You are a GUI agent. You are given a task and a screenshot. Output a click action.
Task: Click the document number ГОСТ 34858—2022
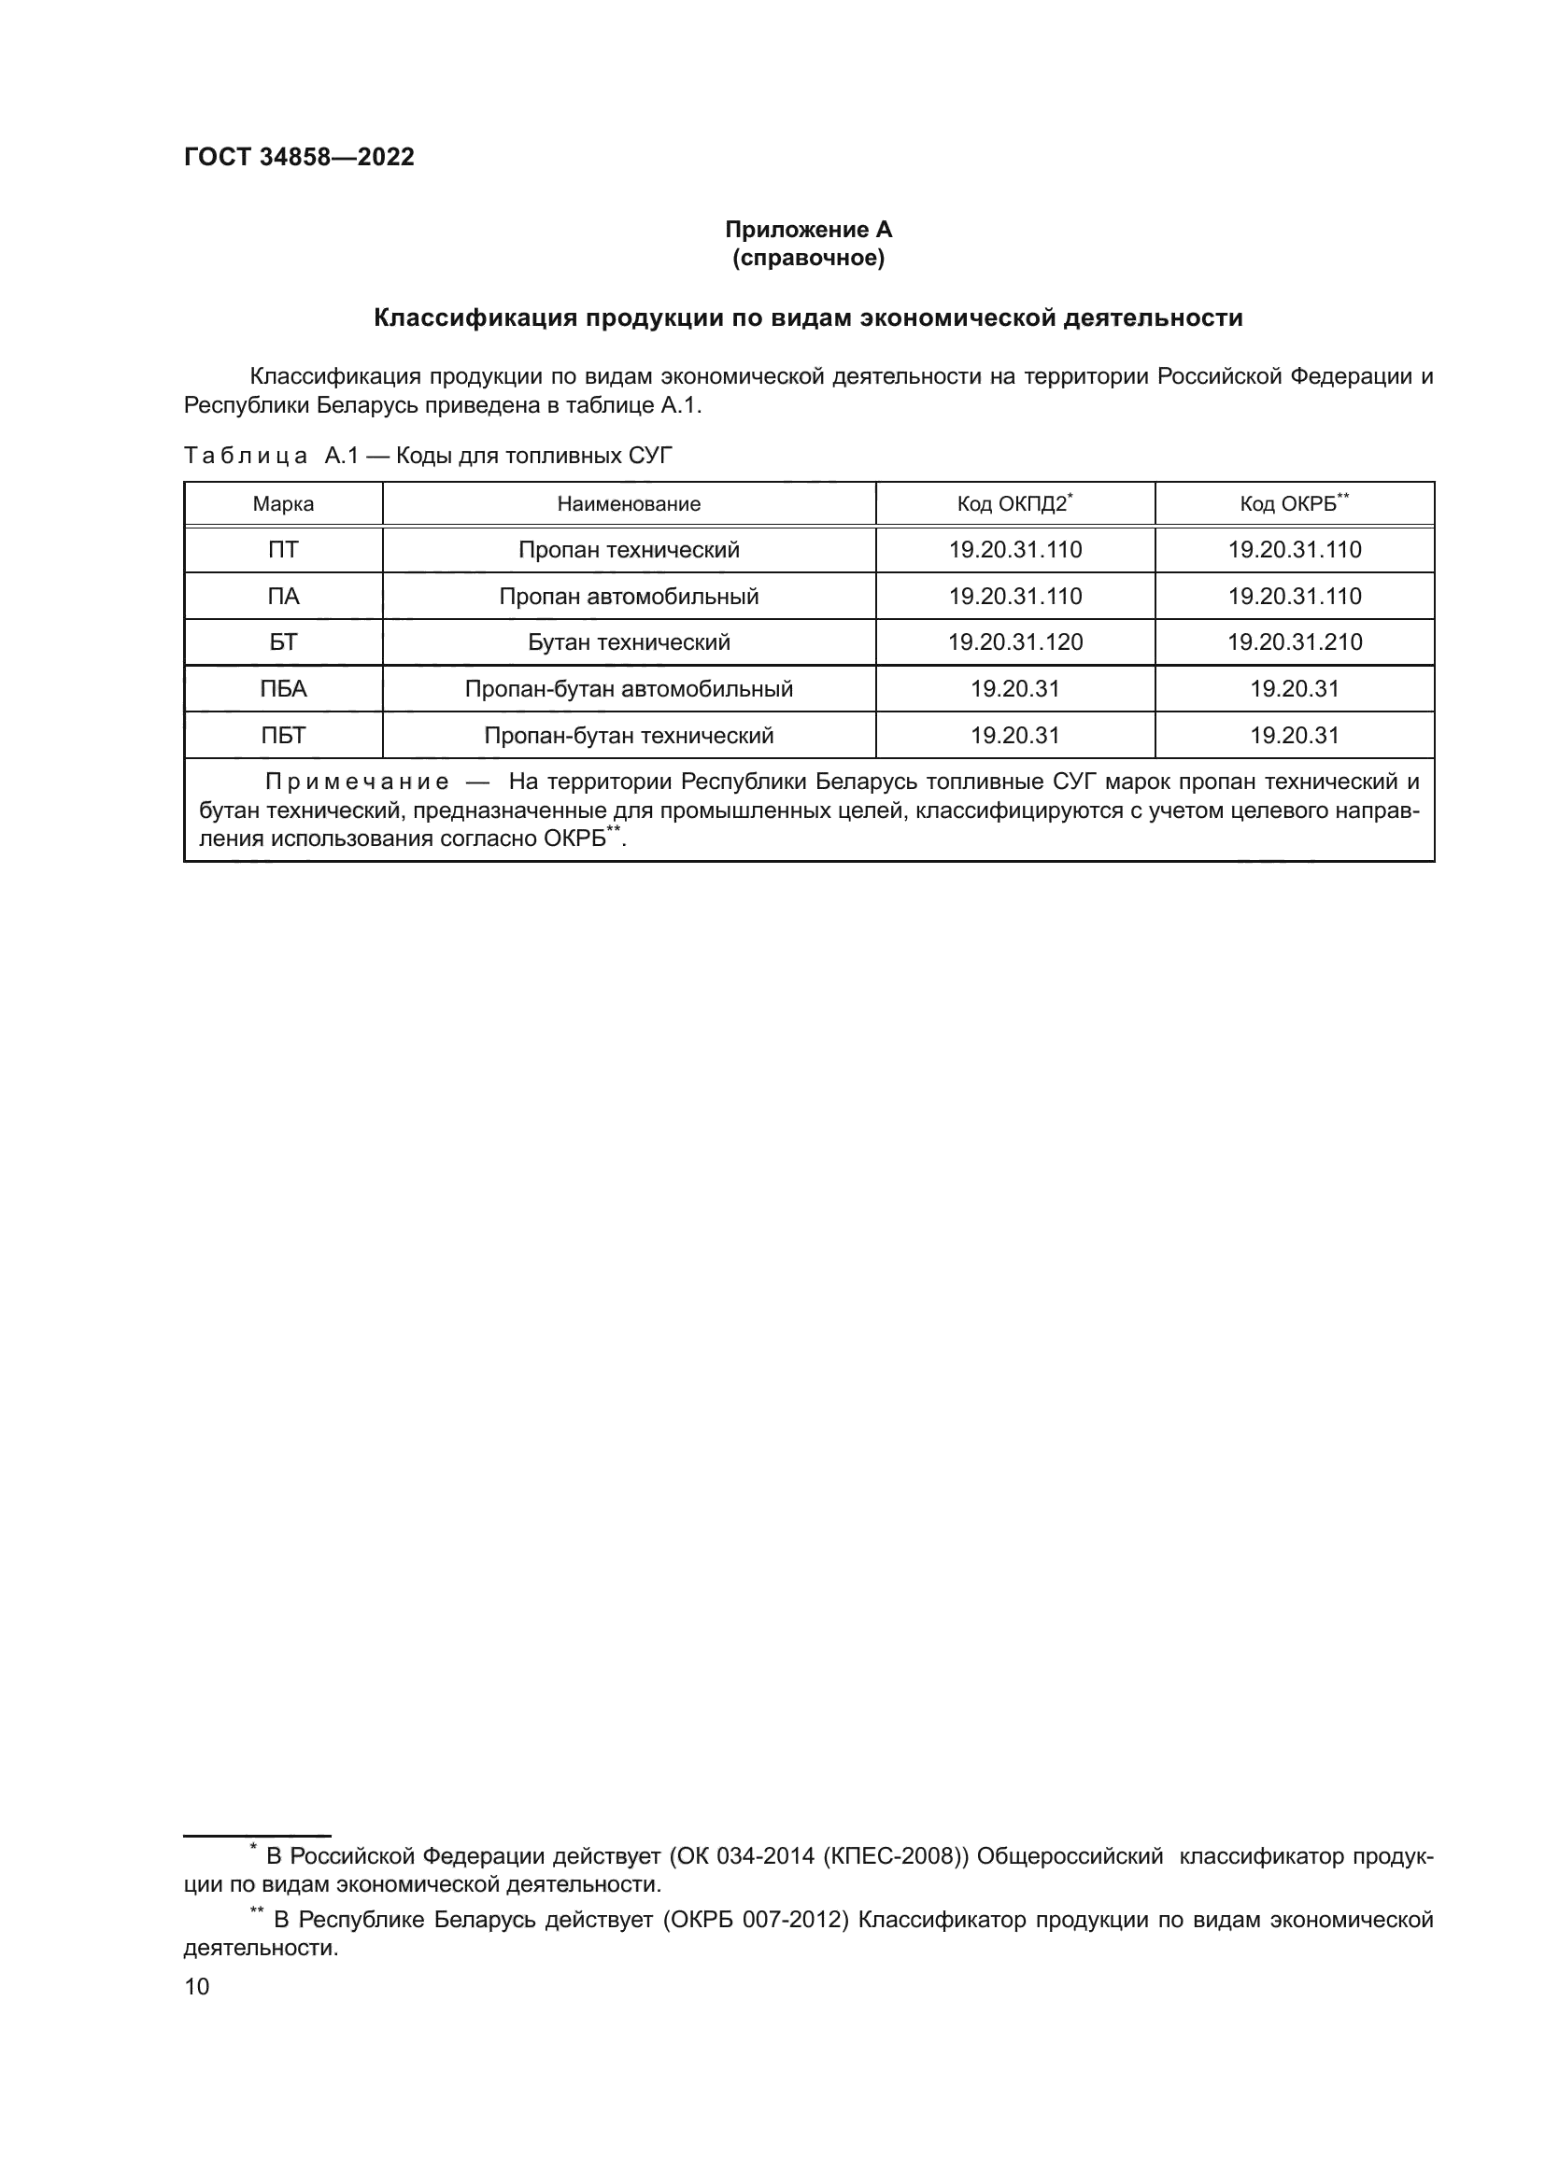click(x=299, y=158)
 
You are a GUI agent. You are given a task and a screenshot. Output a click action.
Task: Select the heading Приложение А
click(x=808, y=230)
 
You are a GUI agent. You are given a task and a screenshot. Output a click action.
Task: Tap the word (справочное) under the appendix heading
click(x=808, y=258)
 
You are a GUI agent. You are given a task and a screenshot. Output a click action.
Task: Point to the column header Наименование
click(x=628, y=504)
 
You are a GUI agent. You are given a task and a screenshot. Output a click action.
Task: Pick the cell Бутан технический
click(x=628, y=642)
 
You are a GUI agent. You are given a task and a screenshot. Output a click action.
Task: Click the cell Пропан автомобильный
click(x=628, y=597)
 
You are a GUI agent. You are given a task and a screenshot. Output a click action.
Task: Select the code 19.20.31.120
click(x=1015, y=642)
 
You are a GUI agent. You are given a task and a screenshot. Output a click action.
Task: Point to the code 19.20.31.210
click(x=1294, y=642)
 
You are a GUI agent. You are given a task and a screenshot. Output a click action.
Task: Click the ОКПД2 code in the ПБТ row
click(x=1015, y=735)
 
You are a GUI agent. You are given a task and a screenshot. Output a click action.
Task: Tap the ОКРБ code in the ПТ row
click(x=1294, y=550)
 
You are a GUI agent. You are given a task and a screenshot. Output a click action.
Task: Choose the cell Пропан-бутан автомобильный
click(x=628, y=689)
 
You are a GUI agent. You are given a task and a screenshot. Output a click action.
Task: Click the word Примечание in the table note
click(x=357, y=782)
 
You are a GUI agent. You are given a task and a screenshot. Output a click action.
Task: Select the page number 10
click(x=197, y=1986)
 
